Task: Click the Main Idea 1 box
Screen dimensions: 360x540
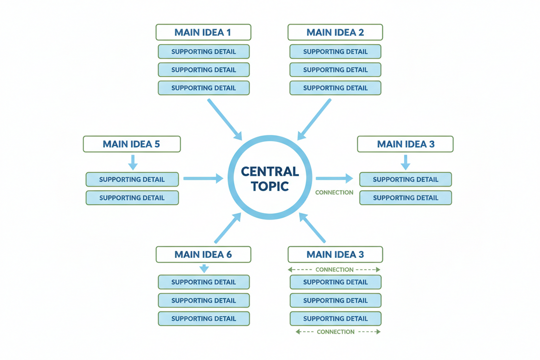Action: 203,32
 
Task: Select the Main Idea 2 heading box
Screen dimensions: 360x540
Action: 335,32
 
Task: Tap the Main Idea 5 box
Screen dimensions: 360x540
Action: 132,144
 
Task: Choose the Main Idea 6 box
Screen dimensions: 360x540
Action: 203,254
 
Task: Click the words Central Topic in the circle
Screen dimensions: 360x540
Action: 270,178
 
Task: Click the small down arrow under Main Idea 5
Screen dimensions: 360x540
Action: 132,162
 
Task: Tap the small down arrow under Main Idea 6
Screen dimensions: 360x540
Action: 204,268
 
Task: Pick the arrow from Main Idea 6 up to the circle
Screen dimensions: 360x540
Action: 228,228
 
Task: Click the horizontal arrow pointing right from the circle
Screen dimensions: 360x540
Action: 334,178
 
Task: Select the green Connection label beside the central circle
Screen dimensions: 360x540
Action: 334,193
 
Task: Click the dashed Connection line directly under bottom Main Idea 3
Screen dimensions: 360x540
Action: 334,270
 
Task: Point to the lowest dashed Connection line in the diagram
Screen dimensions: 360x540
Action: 335,332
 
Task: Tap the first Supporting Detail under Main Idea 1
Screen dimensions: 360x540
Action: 203,52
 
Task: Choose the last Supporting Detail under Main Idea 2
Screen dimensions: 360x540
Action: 335,88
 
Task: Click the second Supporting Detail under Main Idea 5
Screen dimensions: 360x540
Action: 132,198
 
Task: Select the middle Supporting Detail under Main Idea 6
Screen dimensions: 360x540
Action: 203,300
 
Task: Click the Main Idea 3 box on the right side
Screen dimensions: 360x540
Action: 405,144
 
